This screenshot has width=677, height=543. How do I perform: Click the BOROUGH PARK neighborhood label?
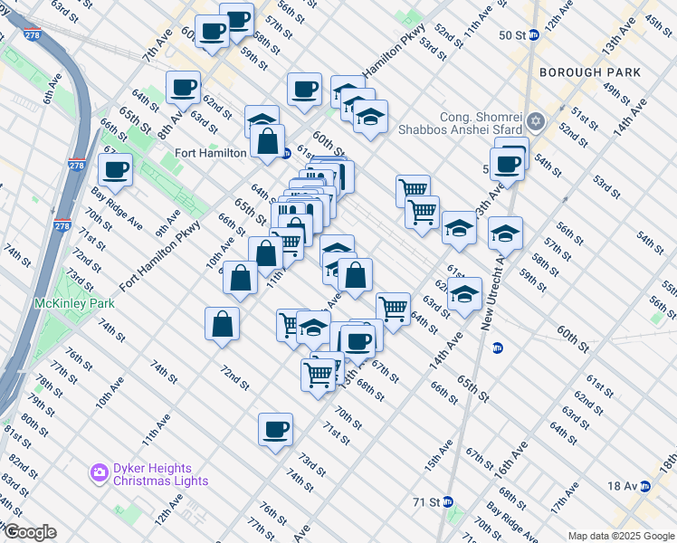coord(589,72)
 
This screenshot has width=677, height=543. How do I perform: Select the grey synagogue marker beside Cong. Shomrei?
coord(536,120)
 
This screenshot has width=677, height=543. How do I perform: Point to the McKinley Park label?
coord(62,303)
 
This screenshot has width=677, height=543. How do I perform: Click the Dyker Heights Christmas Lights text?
coord(153,474)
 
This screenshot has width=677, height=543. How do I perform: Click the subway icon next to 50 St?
coord(534,34)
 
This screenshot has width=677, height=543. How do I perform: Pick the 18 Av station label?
coord(623,486)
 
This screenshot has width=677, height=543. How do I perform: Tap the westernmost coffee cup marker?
coord(116,169)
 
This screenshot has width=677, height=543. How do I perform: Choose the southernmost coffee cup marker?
coord(275,429)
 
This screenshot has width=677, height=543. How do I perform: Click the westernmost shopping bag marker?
coord(222,324)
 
